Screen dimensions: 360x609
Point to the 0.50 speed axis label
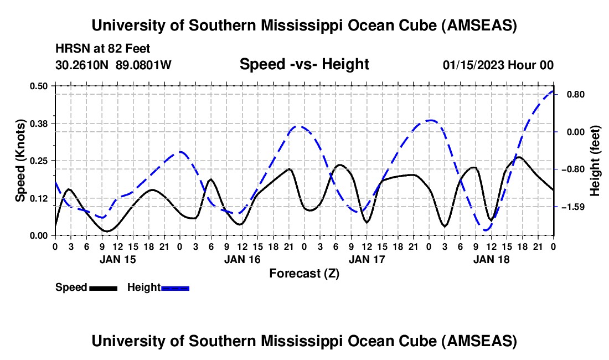coord(39,86)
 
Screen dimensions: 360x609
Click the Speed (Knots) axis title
coord(20,161)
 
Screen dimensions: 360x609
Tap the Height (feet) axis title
coord(595,161)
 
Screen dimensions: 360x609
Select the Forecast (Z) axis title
coord(304,273)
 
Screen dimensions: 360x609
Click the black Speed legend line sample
coord(102,287)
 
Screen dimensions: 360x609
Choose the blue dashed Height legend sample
coord(176,287)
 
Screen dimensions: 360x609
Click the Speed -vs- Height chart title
coord(304,64)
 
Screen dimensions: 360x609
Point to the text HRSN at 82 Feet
coord(102,49)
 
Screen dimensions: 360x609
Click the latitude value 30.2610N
coord(82,65)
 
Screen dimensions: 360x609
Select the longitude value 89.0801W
coord(144,65)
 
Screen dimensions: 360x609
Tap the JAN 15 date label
coord(118,259)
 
